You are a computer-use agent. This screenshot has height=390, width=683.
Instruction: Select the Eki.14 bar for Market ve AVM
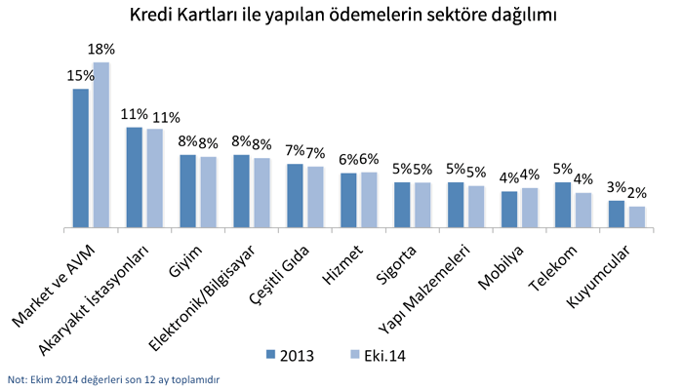[100, 144]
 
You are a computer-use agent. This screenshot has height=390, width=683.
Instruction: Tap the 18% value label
[101, 49]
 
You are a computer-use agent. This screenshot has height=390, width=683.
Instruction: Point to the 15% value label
[80, 75]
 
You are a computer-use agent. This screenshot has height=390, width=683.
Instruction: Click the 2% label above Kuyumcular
[635, 192]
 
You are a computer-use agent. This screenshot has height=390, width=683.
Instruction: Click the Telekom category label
[554, 268]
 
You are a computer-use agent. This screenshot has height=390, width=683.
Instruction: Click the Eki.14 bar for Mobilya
[529, 208]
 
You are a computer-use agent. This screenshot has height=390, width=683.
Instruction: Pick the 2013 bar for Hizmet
[348, 200]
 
